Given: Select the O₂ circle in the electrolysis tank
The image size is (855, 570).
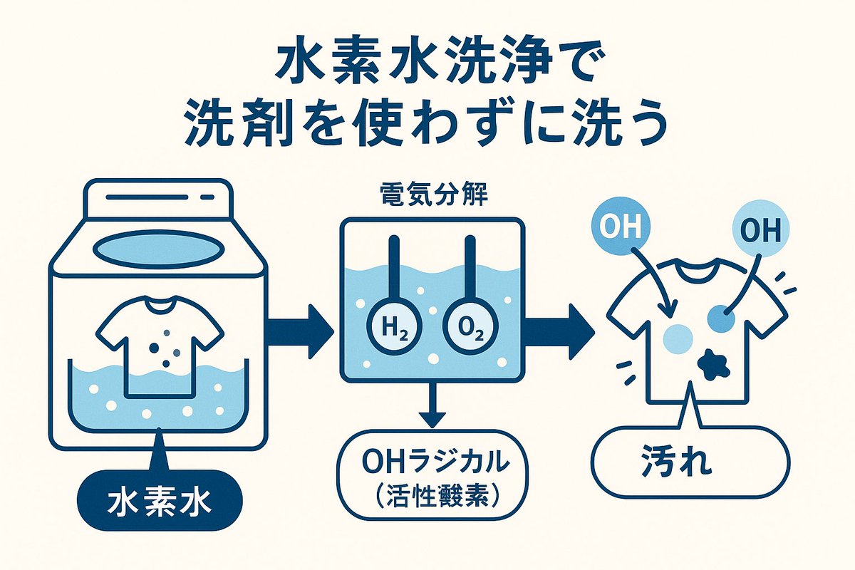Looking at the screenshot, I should [467, 328].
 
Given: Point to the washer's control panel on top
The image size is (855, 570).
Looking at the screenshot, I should [159, 197].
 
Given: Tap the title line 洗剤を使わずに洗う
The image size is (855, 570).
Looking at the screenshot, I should [427, 123].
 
